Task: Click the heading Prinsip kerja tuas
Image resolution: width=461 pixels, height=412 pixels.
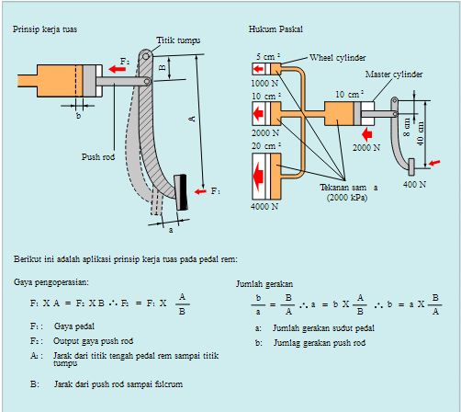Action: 45,29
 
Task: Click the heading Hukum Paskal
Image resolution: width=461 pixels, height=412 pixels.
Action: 275,29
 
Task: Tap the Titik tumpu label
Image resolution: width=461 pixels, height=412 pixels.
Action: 178,40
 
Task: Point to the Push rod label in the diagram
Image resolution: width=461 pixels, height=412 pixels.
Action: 98,156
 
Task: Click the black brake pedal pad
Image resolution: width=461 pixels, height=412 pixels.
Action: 181,192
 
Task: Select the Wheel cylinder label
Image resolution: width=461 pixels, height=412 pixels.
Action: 337,58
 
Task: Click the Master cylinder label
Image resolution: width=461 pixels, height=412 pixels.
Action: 394,74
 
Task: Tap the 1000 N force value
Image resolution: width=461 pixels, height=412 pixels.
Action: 264,83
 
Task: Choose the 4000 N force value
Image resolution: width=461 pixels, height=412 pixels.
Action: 264,206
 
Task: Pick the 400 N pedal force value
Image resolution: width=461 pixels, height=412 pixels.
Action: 414,184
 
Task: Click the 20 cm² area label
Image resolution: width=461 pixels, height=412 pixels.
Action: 266,146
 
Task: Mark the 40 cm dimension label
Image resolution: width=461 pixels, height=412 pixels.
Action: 421,133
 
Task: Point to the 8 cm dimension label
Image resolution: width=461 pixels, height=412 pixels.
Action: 407,127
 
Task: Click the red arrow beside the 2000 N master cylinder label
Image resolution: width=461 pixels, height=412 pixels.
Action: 366,134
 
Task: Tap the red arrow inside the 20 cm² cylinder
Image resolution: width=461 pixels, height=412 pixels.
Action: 259,177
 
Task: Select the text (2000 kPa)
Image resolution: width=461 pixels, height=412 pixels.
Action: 347,197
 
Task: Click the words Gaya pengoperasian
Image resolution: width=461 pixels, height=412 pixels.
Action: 51,282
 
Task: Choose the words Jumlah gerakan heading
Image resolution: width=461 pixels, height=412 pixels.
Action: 264,284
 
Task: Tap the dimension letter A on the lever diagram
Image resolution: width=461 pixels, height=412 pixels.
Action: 192,119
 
